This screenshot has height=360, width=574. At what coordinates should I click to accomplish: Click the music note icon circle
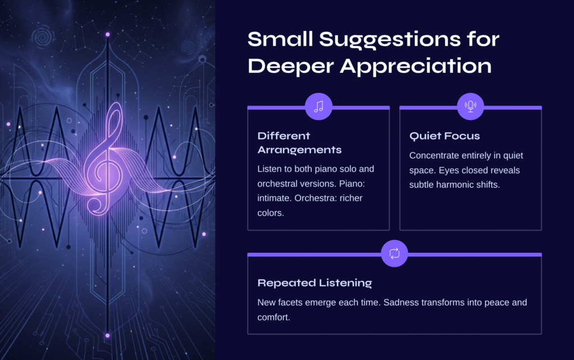tap(318, 107)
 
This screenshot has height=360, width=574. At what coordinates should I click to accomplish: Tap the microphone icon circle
tap(470, 107)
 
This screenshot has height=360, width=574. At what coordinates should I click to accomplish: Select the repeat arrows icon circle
tap(394, 253)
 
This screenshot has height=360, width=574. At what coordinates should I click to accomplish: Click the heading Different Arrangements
tap(299, 143)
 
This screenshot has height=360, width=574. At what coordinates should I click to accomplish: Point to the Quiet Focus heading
tap(445, 136)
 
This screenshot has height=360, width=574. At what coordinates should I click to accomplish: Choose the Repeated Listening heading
tap(314, 283)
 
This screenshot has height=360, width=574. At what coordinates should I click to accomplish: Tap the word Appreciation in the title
tap(415, 66)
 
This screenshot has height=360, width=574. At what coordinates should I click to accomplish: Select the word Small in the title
tap(280, 39)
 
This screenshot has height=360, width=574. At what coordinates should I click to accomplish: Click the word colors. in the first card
tap(271, 213)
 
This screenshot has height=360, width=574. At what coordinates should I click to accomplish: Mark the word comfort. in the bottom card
tap(274, 317)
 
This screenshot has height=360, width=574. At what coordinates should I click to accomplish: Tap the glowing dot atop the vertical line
tap(108, 34)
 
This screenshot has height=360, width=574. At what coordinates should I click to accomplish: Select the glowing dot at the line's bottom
tap(107, 335)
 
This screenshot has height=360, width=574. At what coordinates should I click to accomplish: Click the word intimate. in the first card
tap(274, 198)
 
